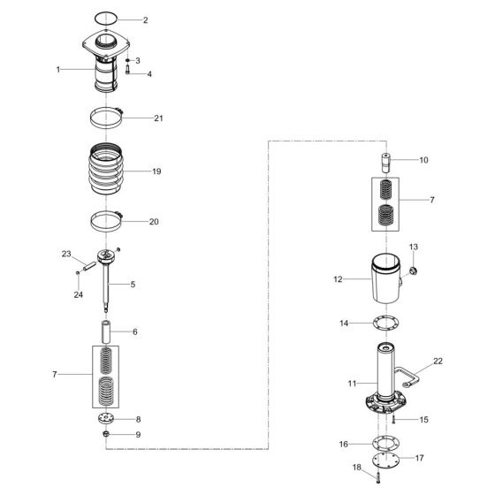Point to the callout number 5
click(133, 284)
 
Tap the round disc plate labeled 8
click(106, 418)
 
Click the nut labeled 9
click(106, 435)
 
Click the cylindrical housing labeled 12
click(386, 278)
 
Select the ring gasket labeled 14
click(386, 324)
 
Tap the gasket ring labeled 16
click(386, 443)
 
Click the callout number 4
click(149, 74)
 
